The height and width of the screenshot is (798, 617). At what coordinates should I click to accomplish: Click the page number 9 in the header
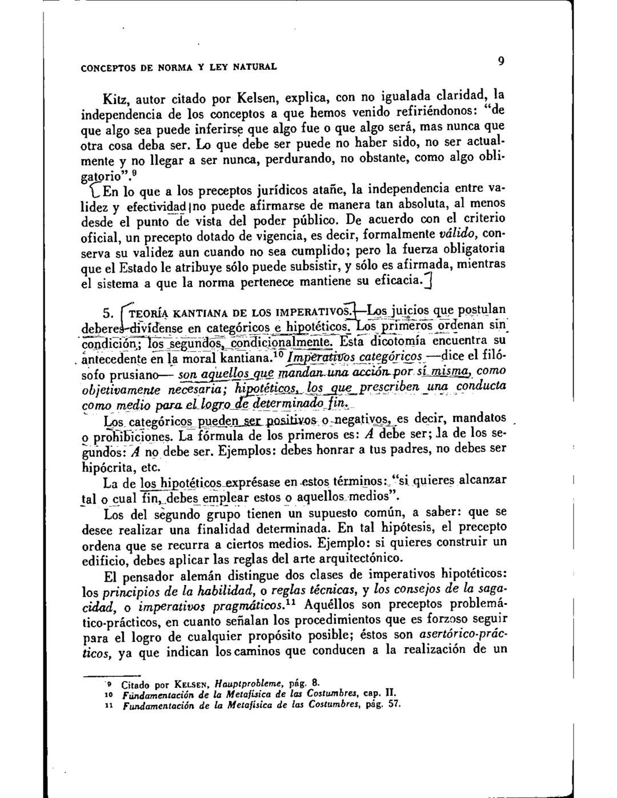click(499, 60)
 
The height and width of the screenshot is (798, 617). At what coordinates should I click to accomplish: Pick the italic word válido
click(460, 234)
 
